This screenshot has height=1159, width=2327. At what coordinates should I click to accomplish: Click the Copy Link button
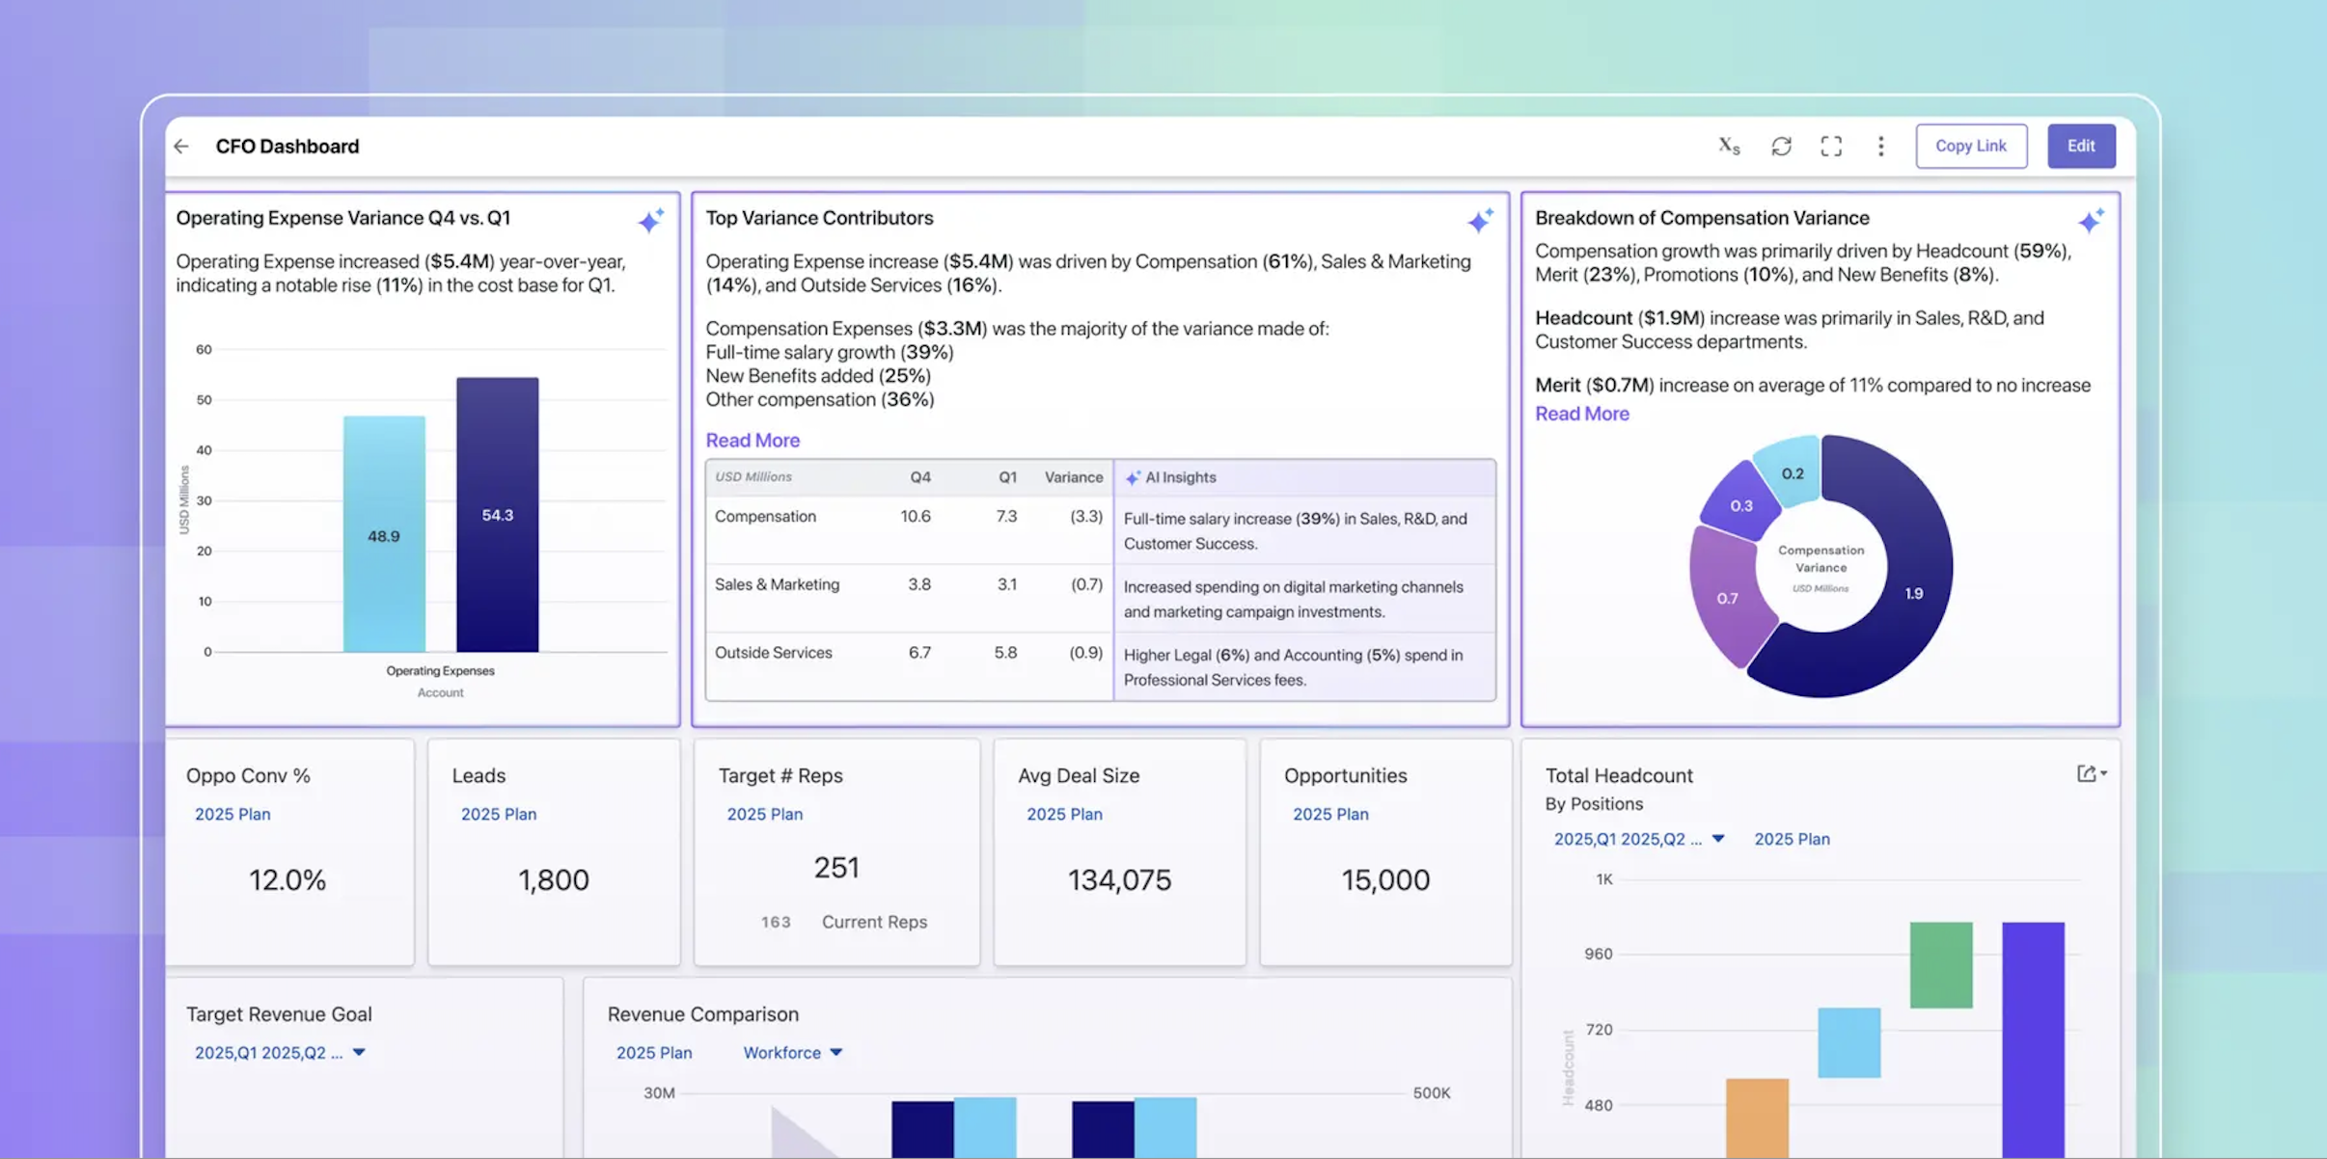1970,146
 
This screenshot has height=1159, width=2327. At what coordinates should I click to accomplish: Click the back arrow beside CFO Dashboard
181,147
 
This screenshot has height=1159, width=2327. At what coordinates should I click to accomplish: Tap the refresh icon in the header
1781,147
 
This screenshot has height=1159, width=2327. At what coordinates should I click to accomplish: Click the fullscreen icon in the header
1830,147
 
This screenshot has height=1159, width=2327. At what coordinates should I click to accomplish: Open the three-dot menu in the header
1880,147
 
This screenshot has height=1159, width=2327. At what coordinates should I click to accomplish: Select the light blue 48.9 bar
384,535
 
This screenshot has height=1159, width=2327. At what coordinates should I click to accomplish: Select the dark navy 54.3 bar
497,515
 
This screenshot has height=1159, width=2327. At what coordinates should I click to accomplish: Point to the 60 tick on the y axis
204,349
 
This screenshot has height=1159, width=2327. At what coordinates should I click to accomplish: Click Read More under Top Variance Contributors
752,441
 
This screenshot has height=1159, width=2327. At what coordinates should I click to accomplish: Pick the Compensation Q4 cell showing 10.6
915,517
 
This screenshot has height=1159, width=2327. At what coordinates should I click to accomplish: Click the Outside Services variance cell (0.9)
1085,653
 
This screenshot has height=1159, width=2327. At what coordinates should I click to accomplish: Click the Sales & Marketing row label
777,584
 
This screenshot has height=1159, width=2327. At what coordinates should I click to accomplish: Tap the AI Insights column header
1179,477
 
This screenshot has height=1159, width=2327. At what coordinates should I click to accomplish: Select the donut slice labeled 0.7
1727,599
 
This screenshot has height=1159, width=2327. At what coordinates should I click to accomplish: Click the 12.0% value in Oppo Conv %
287,879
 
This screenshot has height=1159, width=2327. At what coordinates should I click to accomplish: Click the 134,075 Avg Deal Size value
1119,879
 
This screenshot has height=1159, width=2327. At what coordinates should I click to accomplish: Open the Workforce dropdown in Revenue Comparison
792,1053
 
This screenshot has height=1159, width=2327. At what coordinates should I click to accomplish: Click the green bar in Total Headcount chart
1940,964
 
